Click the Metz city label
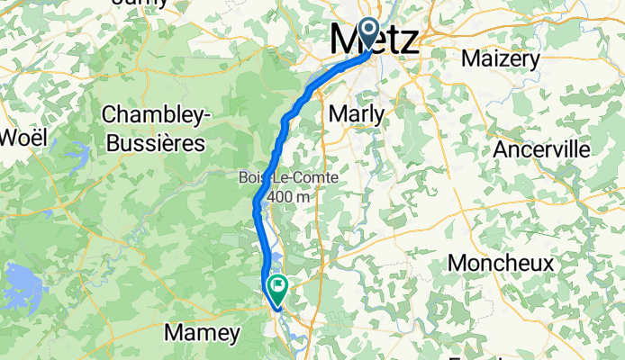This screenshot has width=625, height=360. pos(374,40)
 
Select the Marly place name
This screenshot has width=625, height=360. pos(358,114)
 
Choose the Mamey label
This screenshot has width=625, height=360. pos(203,333)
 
